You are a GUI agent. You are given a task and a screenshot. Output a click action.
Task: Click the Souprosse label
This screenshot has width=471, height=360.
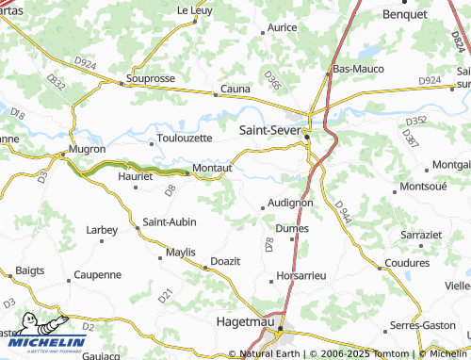pos(151,78)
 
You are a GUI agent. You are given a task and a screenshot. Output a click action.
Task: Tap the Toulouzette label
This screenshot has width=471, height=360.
pos(185,138)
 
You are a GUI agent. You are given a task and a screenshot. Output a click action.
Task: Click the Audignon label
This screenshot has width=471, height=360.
pos(290,202)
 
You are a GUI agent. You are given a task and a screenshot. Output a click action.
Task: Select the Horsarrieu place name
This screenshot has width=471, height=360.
pos(301,276)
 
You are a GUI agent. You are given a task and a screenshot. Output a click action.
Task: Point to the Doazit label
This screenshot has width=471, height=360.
pos(226,259)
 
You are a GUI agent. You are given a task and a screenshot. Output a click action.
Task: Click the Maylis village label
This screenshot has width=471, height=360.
pos(180,253)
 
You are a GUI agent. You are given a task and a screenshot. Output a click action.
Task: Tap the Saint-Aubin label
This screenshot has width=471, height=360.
pos(170,222)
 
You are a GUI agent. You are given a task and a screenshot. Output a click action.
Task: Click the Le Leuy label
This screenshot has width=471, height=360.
pos(195,10)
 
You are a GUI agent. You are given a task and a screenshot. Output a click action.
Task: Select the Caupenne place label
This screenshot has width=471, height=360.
pos(98,274)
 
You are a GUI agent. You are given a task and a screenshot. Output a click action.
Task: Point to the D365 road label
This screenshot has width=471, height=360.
pos(272,80)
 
